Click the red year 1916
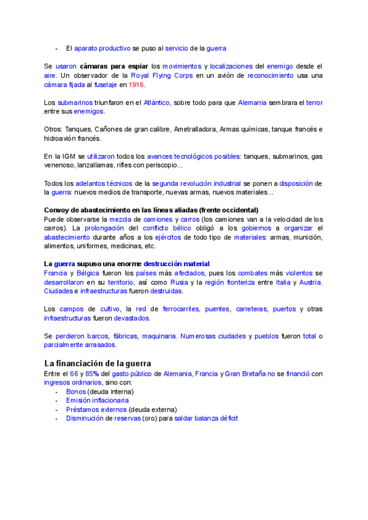(x=136, y=85)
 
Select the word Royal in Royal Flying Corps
(x=141, y=75)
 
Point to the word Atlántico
(x=156, y=102)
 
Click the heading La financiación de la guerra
(x=98, y=363)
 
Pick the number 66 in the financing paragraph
(x=74, y=373)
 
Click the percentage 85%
(x=92, y=373)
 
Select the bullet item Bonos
(x=76, y=391)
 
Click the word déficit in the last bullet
(x=226, y=418)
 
